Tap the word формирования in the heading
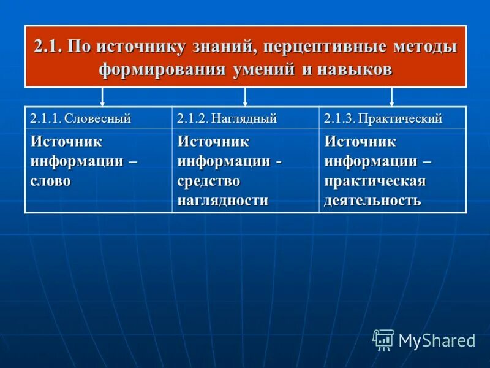(x=164, y=69)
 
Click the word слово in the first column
(x=51, y=181)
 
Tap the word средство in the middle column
(x=208, y=181)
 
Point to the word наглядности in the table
(x=223, y=200)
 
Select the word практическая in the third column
(x=375, y=181)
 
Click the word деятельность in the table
(x=372, y=200)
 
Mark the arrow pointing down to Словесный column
(x=102, y=97)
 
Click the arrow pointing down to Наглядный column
(x=245, y=97)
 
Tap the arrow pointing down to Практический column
(x=392, y=97)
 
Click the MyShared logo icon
(x=383, y=340)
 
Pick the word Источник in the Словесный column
(x=66, y=142)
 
